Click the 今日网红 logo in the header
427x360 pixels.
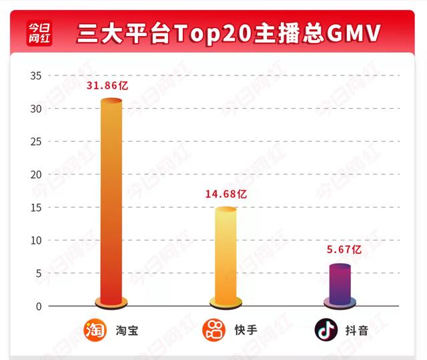coord(39,31)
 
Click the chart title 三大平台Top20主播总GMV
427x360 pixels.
coord(228,32)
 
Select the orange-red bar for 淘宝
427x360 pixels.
coord(111,200)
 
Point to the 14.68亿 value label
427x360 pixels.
coord(226,194)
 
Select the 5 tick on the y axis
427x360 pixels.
coord(38,273)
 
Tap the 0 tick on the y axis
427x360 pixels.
coord(38,306)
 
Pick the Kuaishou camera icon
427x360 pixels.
coord(213,330)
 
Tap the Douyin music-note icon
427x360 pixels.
coord(326,330)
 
